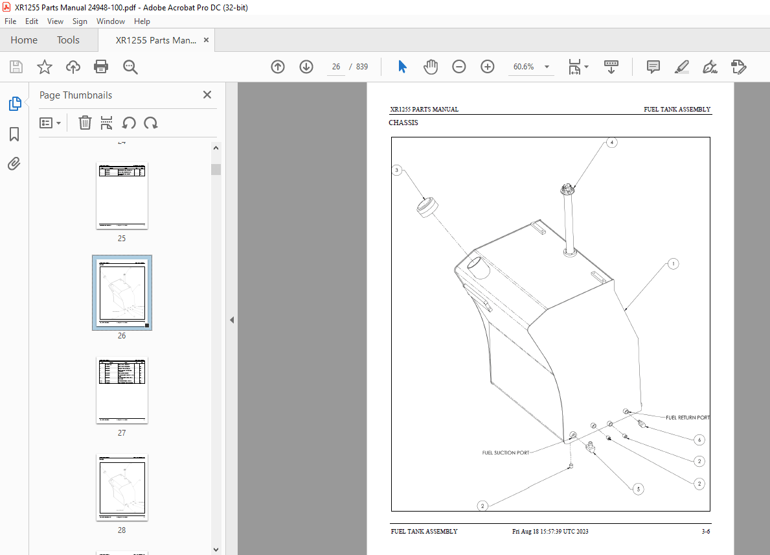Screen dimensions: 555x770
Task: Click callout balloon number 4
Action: point(611,142)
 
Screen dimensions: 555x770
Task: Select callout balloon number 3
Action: point(397,171)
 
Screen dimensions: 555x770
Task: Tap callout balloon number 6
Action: point(699,440)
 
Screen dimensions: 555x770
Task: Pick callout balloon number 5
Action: point(638,490)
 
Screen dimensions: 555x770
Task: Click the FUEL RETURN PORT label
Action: point(687,418)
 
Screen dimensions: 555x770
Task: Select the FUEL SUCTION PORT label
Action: point(505,453)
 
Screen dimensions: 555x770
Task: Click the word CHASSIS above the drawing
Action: point(403,123)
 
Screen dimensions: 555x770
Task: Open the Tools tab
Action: point(68,40)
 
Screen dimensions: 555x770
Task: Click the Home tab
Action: point(24,40)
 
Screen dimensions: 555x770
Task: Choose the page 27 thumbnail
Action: point(122,390)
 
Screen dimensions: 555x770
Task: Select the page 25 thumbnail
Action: point(122,196)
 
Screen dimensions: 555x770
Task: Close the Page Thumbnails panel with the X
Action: point(207,95)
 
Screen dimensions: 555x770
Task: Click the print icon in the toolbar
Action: point(101,67)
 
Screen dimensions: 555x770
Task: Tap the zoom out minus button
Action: point(459,67)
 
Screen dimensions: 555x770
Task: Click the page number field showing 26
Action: point(335,67)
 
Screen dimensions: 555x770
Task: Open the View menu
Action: point(55,21)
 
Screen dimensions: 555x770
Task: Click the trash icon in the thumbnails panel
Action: point(85,123)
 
